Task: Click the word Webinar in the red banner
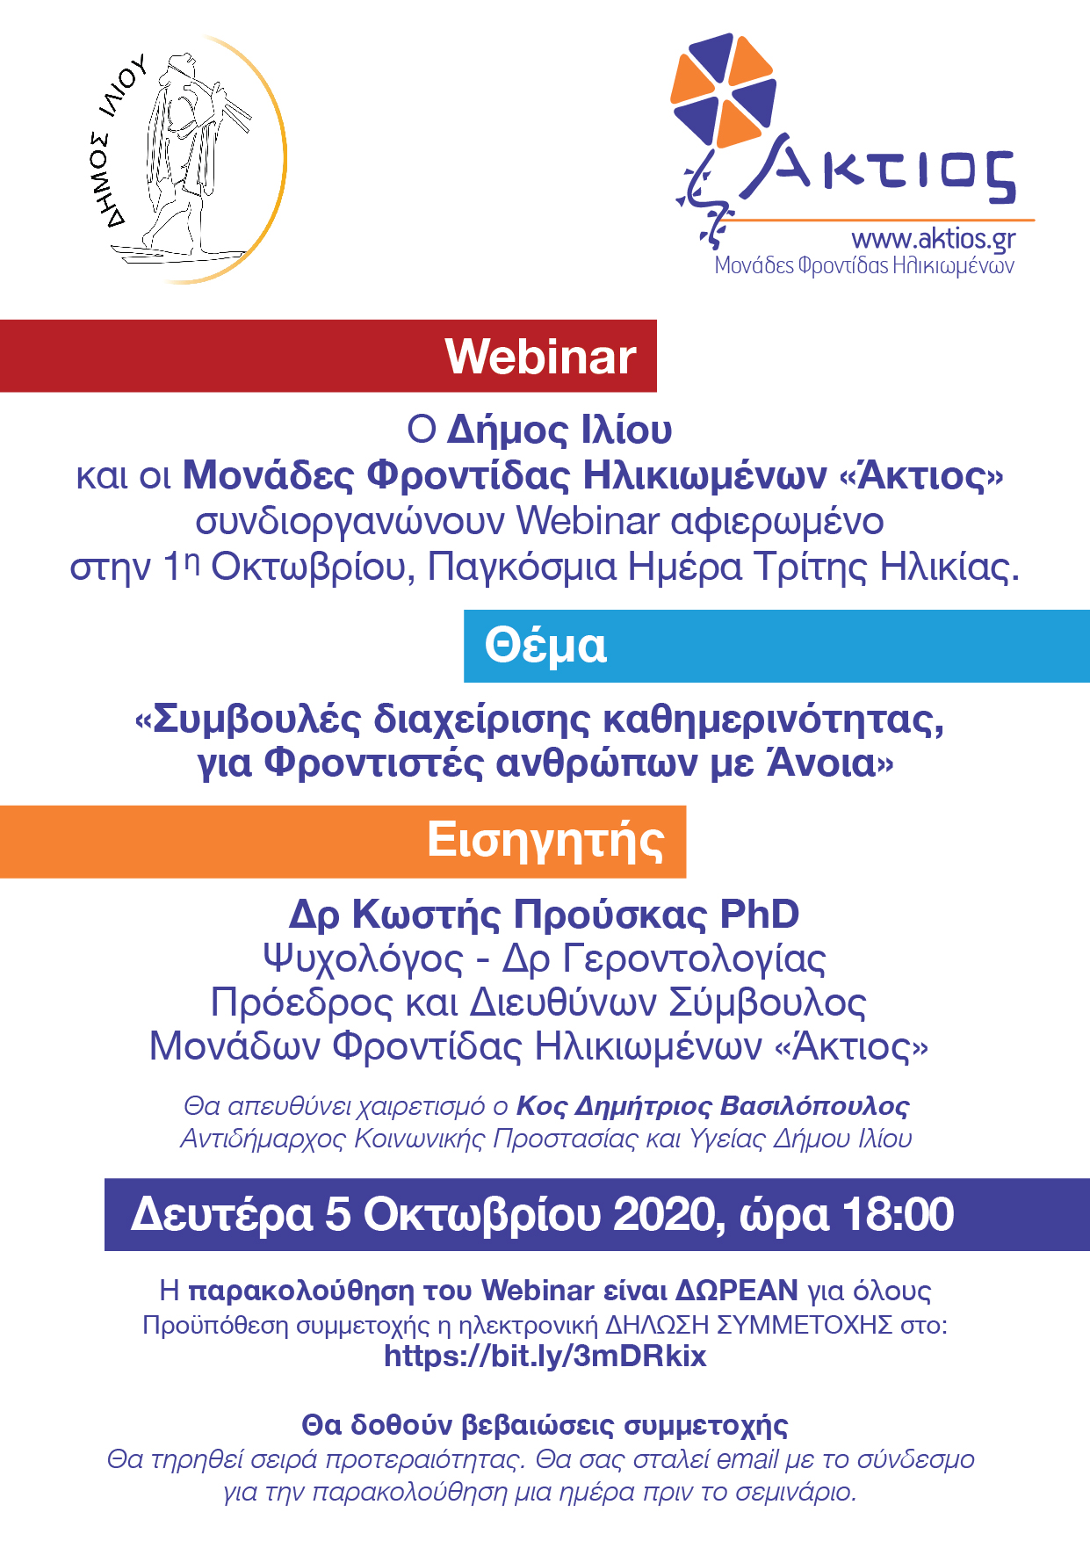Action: (x=540, y=357)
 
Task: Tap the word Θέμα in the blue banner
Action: (x=545, y=646)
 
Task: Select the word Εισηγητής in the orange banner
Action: (x=545, y=841)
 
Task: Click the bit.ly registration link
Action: (x=545, y=1356)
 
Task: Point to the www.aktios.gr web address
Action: (x=933, y=239)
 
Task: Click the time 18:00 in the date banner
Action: (x=898, y=1215)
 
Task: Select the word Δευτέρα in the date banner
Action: (x=221, y=1215)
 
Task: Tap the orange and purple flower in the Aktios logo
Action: (x=723, y=90)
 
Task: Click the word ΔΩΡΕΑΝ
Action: (x=736, y=1291)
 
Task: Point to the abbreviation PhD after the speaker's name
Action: (x=760, y=914)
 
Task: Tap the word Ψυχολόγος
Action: (x=363, y=959)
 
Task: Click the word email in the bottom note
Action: (x=747, y=1459)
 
